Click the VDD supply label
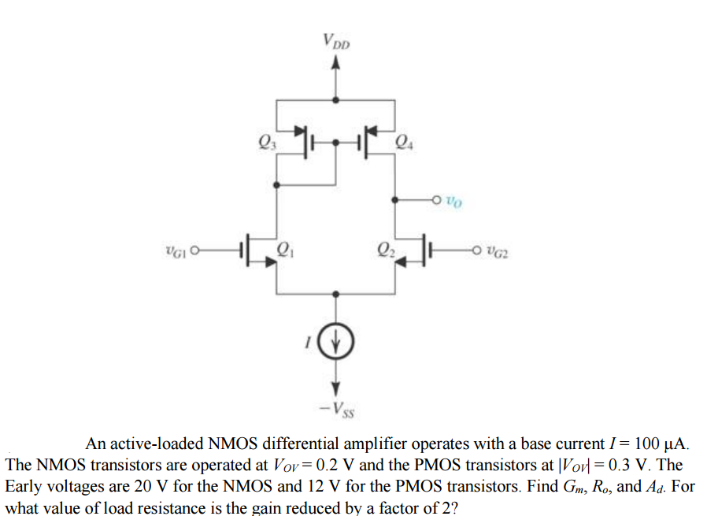(336, 40)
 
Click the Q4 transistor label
(403, 143)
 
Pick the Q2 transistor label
(386, 252)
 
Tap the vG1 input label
(174, 252)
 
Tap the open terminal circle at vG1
(195, 252)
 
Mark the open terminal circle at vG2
(477, 251)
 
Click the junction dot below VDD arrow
(336, 100)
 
